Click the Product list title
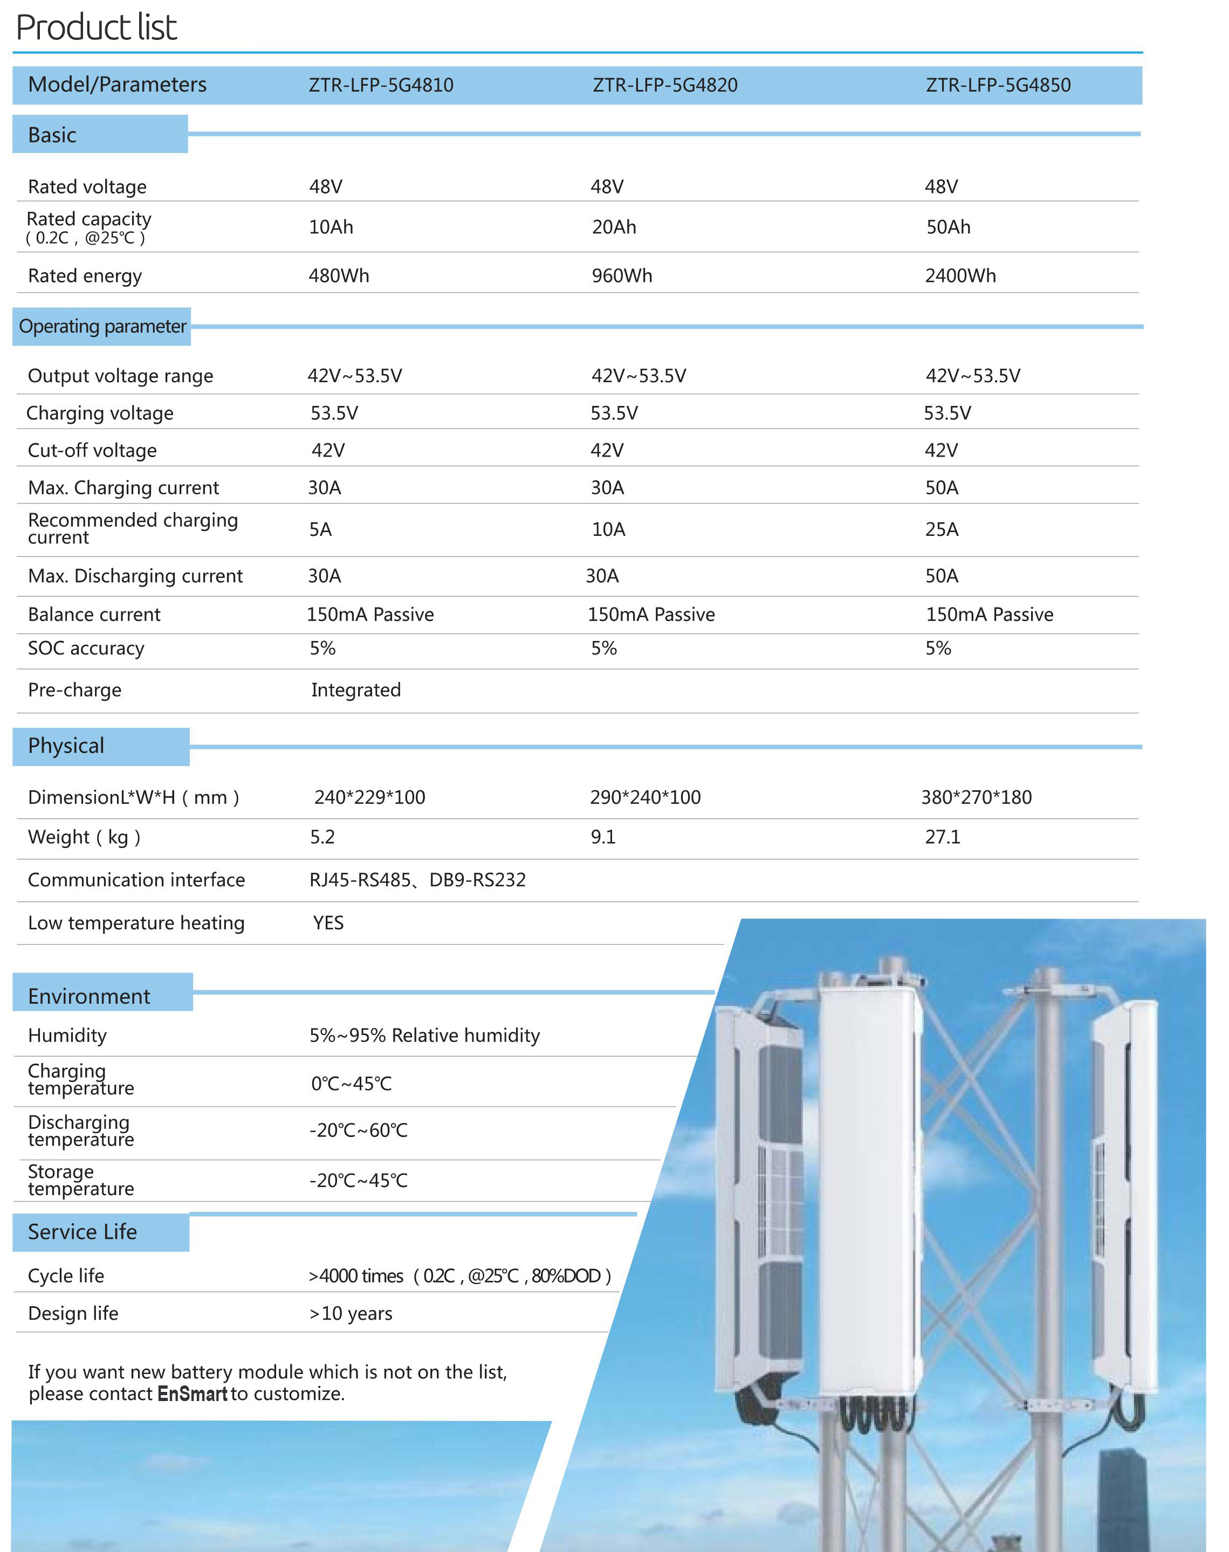coord(97,27)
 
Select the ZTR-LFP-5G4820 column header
coord(665,85)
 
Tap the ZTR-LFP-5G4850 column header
coord(998,85)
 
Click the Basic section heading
coord(52,134)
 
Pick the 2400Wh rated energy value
coord(960,275)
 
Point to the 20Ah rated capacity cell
coord(614,227)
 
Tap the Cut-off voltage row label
coord(92,450)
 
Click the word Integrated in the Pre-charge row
coord(355,689)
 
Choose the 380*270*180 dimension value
coord(977,797)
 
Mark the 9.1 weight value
coord(603,837)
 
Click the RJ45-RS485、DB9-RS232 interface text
coord(417,880)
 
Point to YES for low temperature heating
coord(328,923)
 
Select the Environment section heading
coord(89,996)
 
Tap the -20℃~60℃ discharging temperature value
coord(358,1130)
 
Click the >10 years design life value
coord(351,1313)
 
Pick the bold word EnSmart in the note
coord(192,1394)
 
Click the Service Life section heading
coord(82,1232)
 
